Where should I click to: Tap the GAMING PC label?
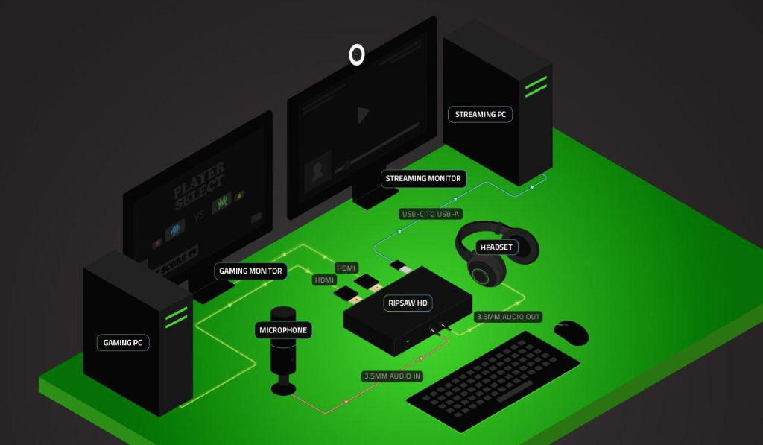(x=123, y=343)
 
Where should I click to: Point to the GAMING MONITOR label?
(x=250, y=271)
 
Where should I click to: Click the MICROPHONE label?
(x=283, y=329)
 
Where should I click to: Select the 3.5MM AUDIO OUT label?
(x=508, y=317)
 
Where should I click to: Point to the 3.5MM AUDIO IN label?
(x=392, y=376)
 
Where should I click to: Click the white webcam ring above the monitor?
(x=357, y=54)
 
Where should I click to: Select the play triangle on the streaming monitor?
(x=363, y=115)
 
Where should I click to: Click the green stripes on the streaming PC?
(x=536, y=86)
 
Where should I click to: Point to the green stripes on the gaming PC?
(x=176, y=316)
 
